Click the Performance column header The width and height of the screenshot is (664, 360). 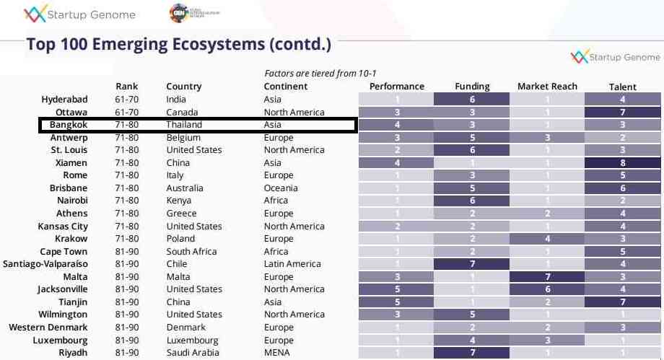[x=396, y=87]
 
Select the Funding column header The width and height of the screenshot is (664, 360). [x=472, y=87]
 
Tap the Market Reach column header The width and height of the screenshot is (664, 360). [x=547, y=87]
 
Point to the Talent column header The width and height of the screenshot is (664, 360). [x=622, y=87]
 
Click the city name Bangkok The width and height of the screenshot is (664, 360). [x=69, y=125]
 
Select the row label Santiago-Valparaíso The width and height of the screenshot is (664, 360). [x=45, y=264]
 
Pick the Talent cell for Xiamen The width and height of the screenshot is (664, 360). [x=622, y=163]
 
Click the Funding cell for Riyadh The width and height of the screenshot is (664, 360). [x=472, y=353]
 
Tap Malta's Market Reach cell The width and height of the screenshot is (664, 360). [x=547, y=277]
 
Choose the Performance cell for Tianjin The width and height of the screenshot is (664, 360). [x=396, y=302]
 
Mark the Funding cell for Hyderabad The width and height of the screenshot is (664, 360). [x=472, y=100]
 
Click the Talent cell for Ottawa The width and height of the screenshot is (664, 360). [x=622, y=113]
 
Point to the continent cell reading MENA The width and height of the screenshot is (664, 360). [x=276, y=353]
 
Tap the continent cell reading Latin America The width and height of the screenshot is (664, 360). [x=292, y=264]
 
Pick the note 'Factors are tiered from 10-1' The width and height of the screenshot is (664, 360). [x=320, y=73]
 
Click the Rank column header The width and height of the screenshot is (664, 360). [x=126, y=87]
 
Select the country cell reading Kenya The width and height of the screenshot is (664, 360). [x=179, y=201]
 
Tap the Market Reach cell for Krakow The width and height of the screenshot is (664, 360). [x=547, y=239]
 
